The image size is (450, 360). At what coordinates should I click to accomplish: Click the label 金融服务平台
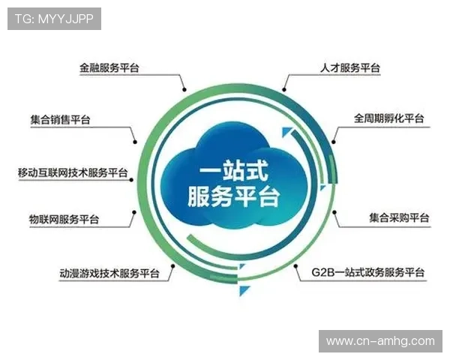(x=109, y=67)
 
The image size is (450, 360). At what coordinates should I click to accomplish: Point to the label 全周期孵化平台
(x=389, y=118)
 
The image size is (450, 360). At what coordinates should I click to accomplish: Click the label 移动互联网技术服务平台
(x=73, y=172)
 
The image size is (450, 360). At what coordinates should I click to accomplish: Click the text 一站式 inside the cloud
(x=224, y=171)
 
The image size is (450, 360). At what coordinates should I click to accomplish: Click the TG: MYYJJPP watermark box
(x=54, y=19)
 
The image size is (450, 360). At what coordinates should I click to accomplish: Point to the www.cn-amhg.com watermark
(x=380, y=341)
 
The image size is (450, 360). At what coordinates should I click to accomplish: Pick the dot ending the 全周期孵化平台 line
(x=333, y=142)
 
